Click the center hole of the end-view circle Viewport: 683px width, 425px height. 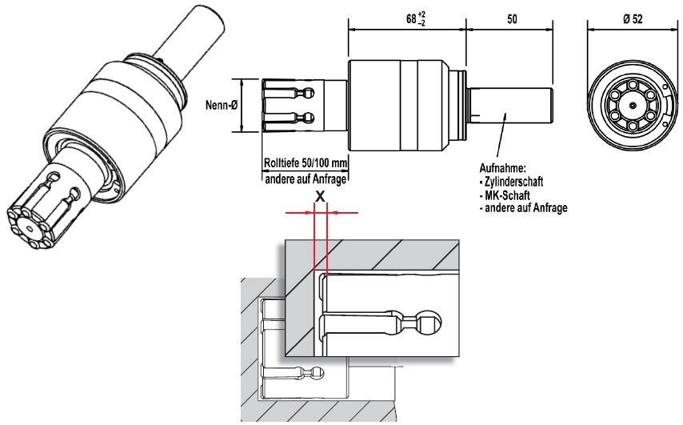(x=632, y=105)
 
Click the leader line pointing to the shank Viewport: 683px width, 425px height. (x=501, y=141)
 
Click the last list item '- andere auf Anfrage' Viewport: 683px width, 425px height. (x=525, y=207)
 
